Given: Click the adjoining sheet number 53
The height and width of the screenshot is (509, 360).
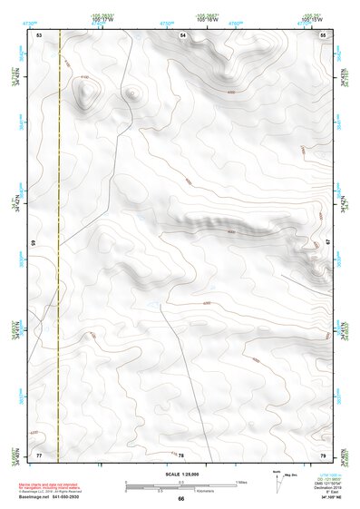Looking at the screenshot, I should point(40,34).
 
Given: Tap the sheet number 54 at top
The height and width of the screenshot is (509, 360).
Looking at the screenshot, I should point(182,34).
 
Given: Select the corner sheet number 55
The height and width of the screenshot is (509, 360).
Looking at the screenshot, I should point(324,34).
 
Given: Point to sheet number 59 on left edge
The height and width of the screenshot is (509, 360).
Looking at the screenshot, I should point(34,243).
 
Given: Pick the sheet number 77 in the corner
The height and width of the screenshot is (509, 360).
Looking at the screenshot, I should point(39,454).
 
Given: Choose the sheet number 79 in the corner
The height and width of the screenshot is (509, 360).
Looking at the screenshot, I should point(324,454).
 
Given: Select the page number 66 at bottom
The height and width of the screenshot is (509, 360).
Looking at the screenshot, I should point(180,499).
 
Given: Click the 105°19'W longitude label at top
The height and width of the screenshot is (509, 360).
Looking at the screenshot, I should point(311,19).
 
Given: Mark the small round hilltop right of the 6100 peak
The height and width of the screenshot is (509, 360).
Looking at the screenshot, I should point(133,92).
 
